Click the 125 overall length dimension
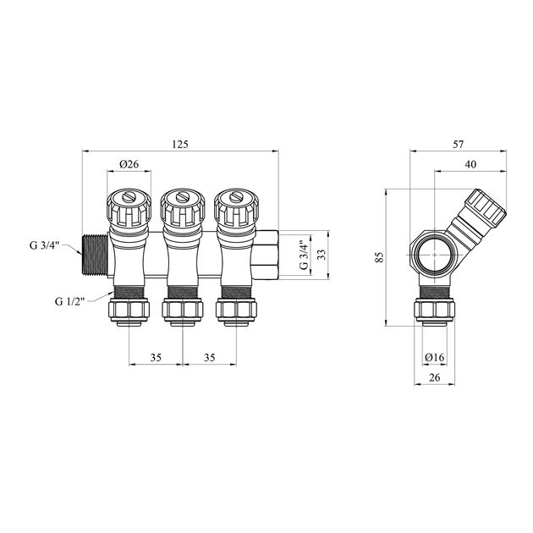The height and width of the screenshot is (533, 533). pos(180,144)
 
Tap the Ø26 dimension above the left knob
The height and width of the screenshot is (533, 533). pos(129,164)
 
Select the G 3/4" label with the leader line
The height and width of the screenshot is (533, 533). pos(45,245)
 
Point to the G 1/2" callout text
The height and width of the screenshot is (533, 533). pos(69,301)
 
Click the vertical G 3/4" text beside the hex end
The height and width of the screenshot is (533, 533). pos(305,255)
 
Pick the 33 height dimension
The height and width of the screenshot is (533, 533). pos(321,255)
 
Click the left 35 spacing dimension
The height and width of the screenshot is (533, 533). pos(156,357)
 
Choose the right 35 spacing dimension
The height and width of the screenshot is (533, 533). pos(210,357)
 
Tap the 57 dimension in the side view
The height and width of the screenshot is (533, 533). pos(459,144)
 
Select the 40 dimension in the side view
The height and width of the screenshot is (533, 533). pos(470,164)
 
